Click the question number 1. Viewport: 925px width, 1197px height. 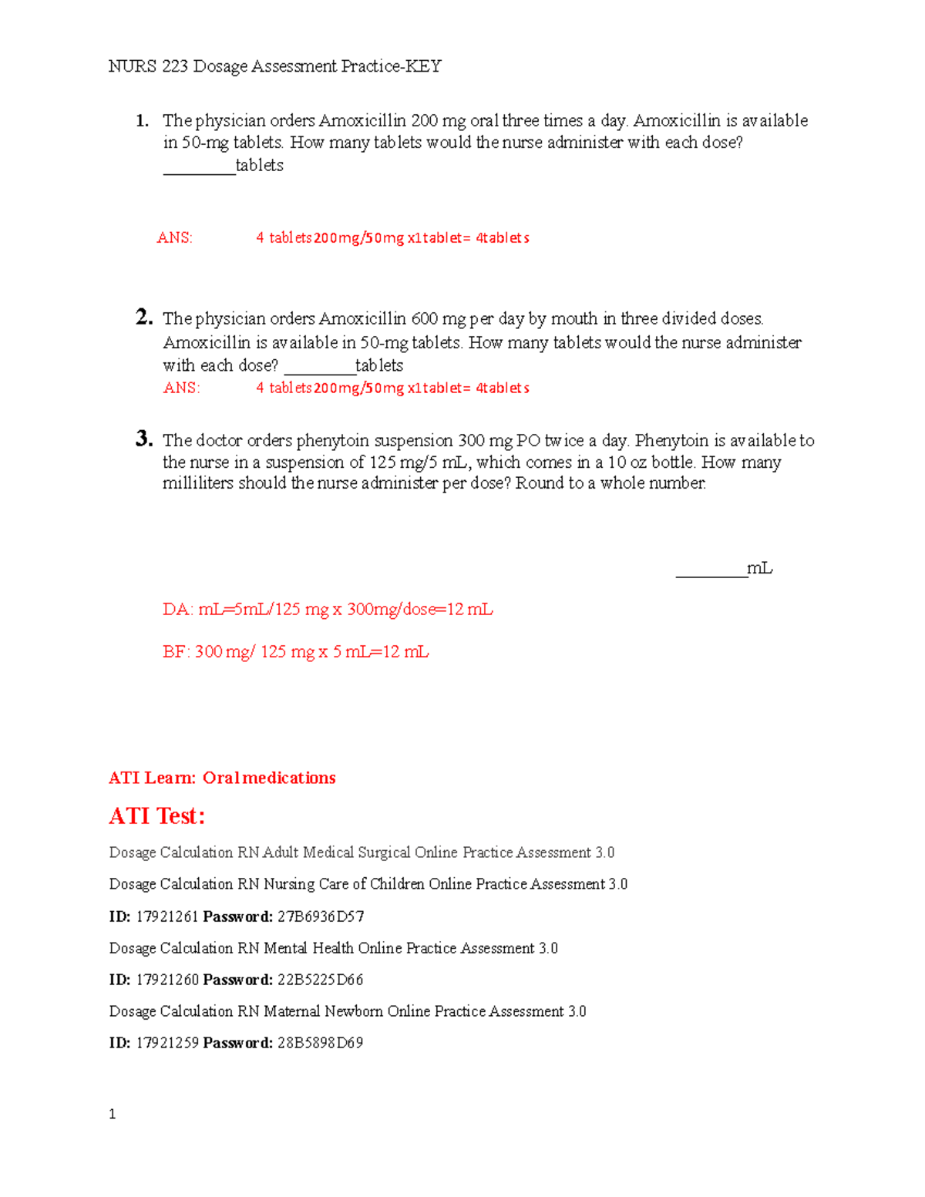coord(141,121)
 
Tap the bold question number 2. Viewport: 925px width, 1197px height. coord(143,318)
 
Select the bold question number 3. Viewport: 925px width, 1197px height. coord(143,439)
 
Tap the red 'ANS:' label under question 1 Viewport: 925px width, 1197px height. coord(174,238)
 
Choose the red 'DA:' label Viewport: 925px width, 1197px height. coord(177,610)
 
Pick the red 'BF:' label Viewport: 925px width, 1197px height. coord(177,652)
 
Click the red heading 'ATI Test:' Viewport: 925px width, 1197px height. coord(157,816)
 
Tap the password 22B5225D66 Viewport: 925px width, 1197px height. coord(320,980)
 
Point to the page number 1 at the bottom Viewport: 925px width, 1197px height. coord(113,1115)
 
